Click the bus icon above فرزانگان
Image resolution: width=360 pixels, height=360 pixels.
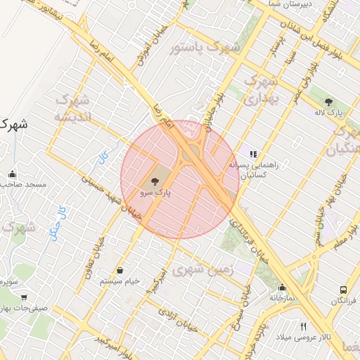click(x=343, y=290)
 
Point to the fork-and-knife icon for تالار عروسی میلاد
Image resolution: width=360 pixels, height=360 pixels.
click(x=304, y=326)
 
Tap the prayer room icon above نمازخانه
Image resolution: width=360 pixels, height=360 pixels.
click(x=282, y=287)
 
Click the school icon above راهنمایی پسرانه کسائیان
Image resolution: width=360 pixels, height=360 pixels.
click(x=253, y=154)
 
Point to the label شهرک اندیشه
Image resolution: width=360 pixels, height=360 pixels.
click(x=72, y=108)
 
